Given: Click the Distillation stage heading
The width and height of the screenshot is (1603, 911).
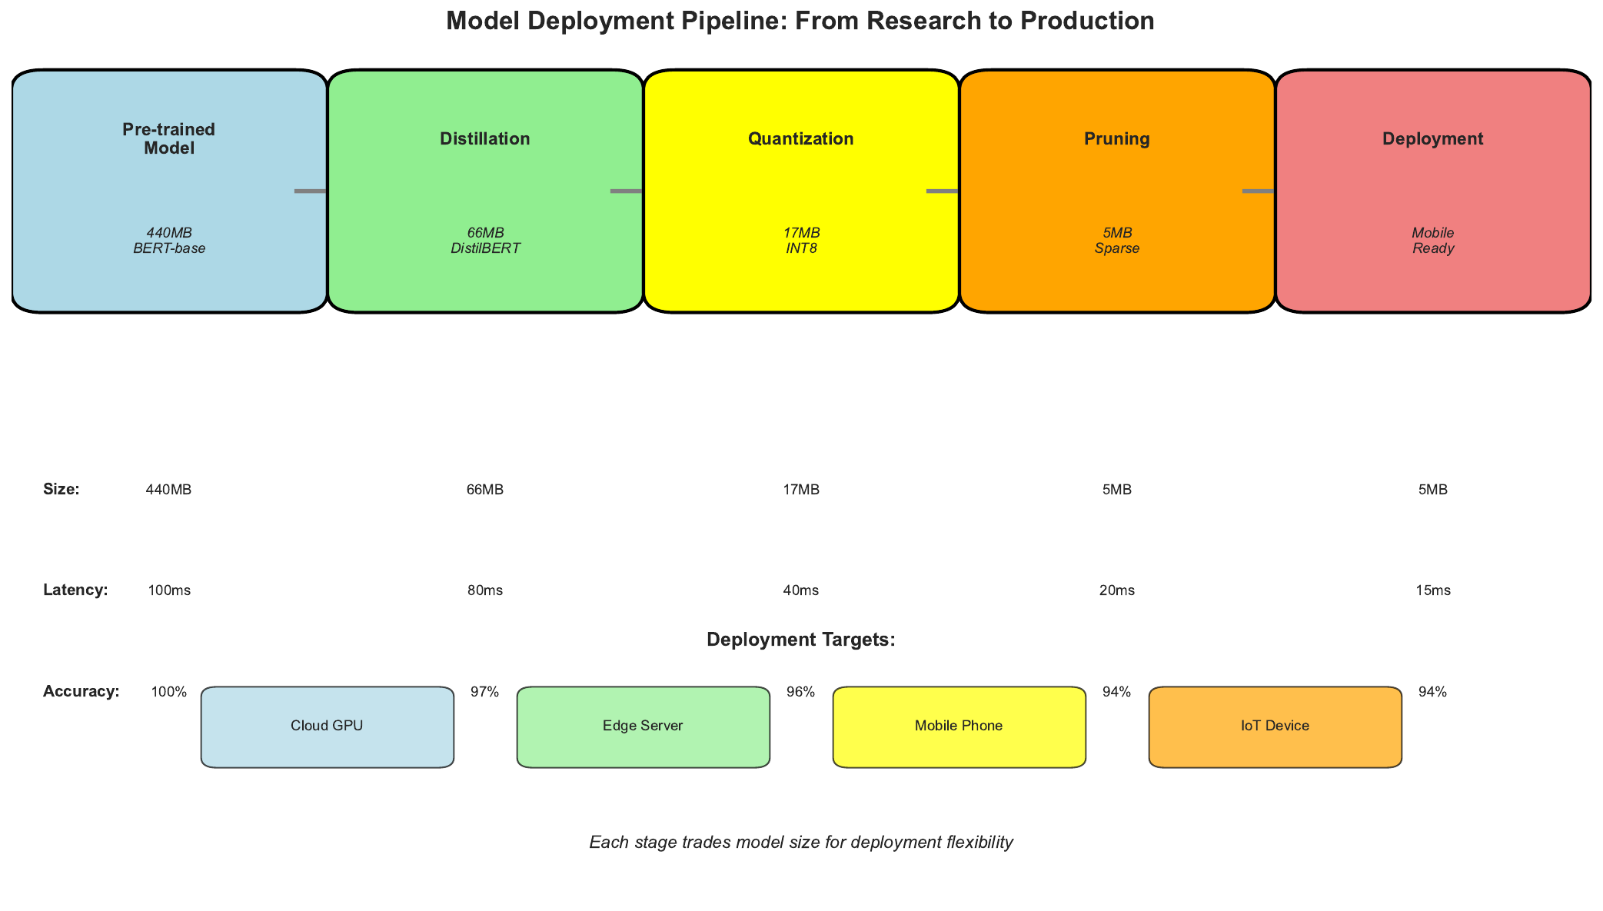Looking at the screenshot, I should pos(484,139).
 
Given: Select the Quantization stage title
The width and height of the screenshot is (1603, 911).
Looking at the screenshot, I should pos(800,139).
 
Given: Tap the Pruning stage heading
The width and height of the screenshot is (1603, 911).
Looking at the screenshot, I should pos(1116,139).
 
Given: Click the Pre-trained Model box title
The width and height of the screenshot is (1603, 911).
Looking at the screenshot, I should pos(169,139).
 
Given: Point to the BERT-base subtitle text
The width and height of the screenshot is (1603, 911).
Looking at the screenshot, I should pos(169,249).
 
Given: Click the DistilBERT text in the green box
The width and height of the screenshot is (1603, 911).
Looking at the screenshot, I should pos(485,249).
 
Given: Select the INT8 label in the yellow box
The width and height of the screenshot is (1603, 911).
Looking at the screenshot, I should pos(801,249).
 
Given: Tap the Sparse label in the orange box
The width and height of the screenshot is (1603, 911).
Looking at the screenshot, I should pos(1116,249).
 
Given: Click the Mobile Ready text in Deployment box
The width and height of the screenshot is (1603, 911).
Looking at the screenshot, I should pos(1433,241).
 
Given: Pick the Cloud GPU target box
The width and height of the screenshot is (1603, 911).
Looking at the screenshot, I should pos(327,726).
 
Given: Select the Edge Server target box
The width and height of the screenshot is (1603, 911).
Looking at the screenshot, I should pos(643,726).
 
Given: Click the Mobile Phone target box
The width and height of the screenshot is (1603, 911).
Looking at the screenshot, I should pos(959,726).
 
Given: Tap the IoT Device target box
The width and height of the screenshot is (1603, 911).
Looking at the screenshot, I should pos(1275,726).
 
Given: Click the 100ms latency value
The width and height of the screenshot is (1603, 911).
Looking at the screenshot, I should pos(169,591).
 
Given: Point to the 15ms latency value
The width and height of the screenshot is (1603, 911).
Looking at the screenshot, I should pos(1433,591).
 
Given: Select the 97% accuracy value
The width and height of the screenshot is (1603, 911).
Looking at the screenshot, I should pos(485,692).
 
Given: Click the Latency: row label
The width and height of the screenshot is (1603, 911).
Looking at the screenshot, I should pos(75,590).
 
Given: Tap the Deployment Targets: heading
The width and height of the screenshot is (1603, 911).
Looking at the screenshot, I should pos(800,640).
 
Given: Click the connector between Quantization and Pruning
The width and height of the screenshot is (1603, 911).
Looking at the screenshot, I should pos(943,191).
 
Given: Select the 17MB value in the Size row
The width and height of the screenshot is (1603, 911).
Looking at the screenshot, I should pos(801,490).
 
